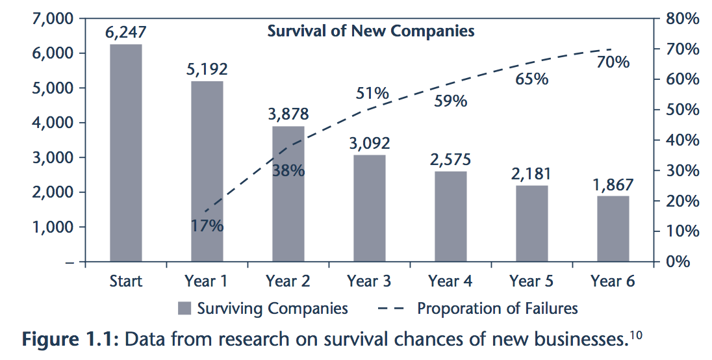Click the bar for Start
(126, 153)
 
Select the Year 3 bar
(370, 208)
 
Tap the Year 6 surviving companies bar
(613, 228)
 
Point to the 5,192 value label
(207, 69)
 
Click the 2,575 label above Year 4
(450, 159)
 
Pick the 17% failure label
(207, 226)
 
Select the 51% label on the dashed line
(372, 93)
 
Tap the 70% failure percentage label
(613, 62)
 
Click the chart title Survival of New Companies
(371, 31)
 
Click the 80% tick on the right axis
(683, 19)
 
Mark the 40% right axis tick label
(683, 140)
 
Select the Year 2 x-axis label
(288, 282)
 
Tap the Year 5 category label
(531, 282)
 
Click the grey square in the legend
(184, 308)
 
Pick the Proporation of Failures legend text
(497, 308)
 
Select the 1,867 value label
(613, 184)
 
